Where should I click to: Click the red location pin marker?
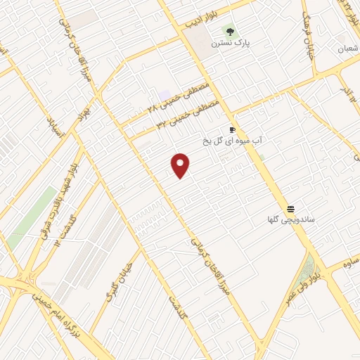pyautogui.click(x=181, y=165)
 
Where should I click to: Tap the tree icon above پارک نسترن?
pyautogui.click(x=229, y=31)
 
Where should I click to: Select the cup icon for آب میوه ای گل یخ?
pyautogui.click(x=232, y=129)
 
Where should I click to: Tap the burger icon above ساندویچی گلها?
pyautogui.click(x=290, y=208)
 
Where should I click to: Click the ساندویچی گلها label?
pyautogui.click(x=290, y=220)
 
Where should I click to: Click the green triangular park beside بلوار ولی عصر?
pyautogui.click(x=307, y=266)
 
